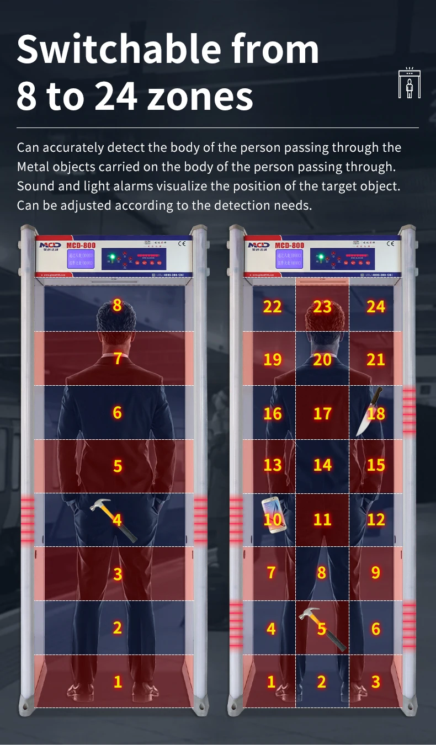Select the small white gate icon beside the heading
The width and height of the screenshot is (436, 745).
pyautogui.click(x=409, y=83)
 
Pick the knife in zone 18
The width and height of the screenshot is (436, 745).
pyautogui.click(x=369, y=411)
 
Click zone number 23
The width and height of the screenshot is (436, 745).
pyautogui.click(x=322, y=306)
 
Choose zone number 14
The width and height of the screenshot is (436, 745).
pyautogui.click(x=322, y=465)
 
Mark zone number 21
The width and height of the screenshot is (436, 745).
pyautogui.click(x=375, y=360)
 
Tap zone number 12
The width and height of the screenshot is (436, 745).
pyautogui.click(x=375, y=519)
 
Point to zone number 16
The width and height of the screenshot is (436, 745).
pyautogui.click(x=272, y=413)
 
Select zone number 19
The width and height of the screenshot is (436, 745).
pyautogui.click(x=272, y=360)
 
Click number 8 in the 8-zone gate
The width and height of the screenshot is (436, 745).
pyautogui.click(x=117, y=305)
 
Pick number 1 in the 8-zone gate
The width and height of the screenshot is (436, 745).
pyautogui.click(x=118, y=682)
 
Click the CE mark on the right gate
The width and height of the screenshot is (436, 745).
pyautogui.click(x=390, y=243)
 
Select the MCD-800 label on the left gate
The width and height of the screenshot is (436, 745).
pyautogui.click(x=81, y=245)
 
